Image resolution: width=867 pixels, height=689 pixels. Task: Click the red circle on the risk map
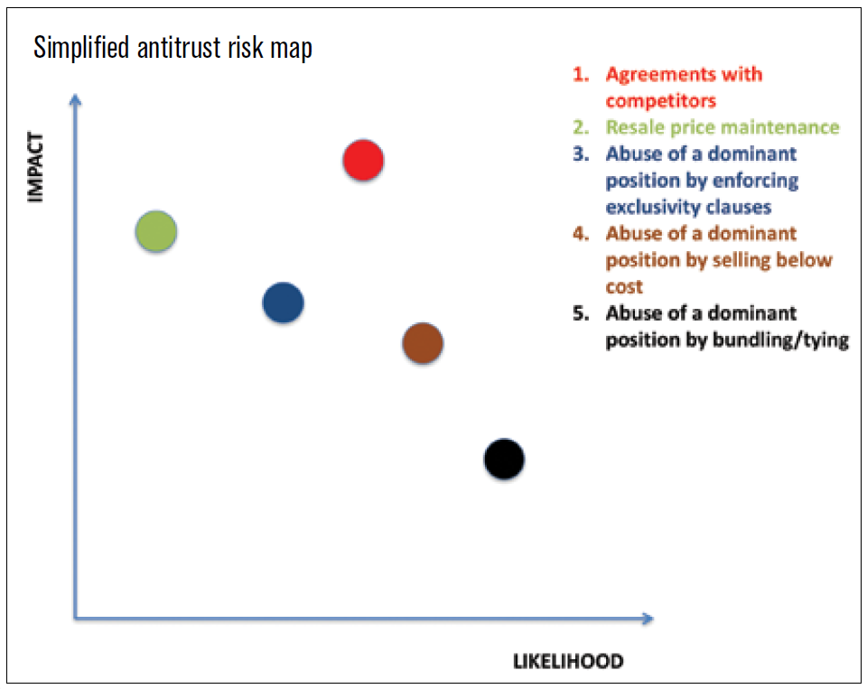tap(363, 161)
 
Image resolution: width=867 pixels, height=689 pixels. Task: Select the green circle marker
tap(155, 232)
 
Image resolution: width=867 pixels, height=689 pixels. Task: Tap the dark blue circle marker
tap(283, 303)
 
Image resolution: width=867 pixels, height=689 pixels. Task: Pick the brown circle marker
tap(422, 343)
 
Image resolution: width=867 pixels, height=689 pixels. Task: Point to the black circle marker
tap(504, 459)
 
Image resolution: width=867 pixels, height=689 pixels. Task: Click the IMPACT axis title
tap(36, 168)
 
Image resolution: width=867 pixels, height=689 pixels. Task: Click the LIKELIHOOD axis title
tap(568, 662)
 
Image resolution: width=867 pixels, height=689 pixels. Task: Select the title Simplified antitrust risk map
tap(173, 48)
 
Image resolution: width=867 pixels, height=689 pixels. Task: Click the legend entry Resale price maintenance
tap(722, 127)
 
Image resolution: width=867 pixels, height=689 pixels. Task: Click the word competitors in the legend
tap(661, 100)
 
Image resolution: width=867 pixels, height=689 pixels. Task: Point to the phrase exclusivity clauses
tap(688, 207)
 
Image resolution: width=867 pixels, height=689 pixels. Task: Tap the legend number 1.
tap(580, 74)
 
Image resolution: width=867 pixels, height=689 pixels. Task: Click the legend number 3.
tap(580, 154)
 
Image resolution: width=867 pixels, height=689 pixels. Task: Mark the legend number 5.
tap(580, 313)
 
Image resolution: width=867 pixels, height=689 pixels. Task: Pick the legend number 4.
tap(580, 234)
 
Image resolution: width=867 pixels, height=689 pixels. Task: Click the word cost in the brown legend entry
tap(624, 287)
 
